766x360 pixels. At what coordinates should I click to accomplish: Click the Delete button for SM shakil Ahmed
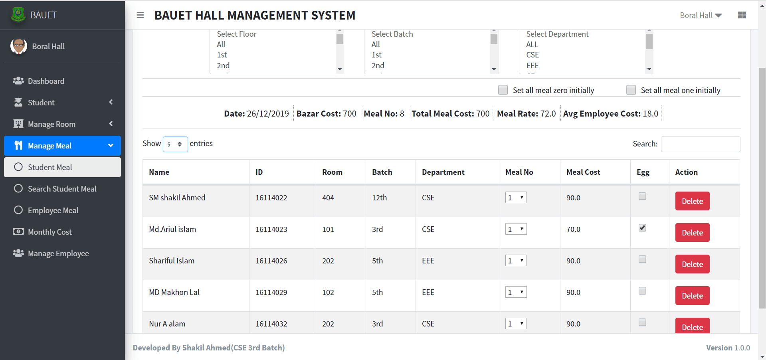click(x=692, y=201)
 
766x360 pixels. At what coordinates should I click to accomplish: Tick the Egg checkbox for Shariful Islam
click(x=642, y=259)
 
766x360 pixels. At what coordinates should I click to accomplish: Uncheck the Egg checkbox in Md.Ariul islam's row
click(x=642, y=228)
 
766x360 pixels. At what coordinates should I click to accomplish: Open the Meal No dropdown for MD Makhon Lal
click(x=516, y=292)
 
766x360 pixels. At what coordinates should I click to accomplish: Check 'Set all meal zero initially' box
click(x=503, y=90)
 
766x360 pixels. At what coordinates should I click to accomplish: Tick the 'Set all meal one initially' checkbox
click(x=631, y=90)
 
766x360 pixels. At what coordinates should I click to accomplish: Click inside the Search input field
click(x=701, y=144)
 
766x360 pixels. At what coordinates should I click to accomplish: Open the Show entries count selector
click(x=175, y=144)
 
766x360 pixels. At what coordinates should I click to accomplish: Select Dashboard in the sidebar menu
click(x=46, y=81)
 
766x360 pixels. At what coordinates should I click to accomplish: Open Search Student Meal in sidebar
click(x=62, y=189)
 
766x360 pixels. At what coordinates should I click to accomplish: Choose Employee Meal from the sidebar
click(x=53, y=210)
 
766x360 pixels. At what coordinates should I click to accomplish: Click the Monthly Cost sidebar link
click(x=49, y=232)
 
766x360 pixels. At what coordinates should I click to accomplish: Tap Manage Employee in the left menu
click(x=58, y=253)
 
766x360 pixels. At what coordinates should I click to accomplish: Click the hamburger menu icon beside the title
click(x=140, y=15)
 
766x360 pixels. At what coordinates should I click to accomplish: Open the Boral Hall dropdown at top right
click(x=701, y=15)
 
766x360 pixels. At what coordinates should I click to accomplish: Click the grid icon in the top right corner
click(x=742, y=15)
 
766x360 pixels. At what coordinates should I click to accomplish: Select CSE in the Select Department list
click(x=532, y=55)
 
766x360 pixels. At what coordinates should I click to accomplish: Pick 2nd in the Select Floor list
click(x=223, y=65)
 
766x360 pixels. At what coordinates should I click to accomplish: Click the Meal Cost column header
click(x=583, y=172)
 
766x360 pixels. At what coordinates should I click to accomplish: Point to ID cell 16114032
click(x=271, y=324)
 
